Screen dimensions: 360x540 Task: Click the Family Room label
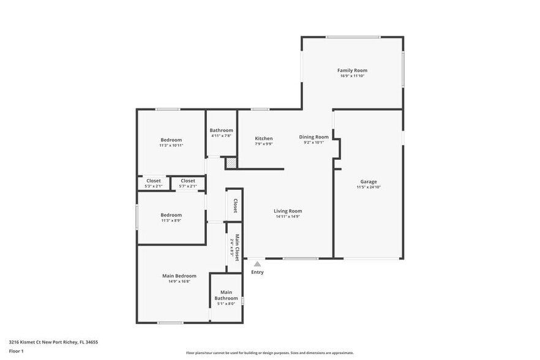click(x=353, y=70)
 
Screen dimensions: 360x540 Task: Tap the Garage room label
click(x=368, y=181)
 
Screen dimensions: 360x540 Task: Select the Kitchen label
click(x=264, y=138)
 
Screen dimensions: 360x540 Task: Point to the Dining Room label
click(x=313, y=137)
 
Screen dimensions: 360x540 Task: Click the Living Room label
click(x=288, y=211)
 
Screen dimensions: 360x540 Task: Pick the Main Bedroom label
click(x=179, y=276)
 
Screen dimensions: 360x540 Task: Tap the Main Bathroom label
click(x=226, y=295)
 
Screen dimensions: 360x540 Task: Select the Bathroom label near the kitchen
click(x=221, y=130)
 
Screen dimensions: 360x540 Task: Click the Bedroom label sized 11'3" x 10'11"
click(x=171, y=140)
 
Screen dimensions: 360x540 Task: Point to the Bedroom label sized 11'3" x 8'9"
click(x=171, y=215)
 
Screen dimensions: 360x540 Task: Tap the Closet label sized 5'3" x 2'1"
click(x=153, y=181)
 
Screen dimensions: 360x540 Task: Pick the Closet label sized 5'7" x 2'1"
click(x=188, y=181)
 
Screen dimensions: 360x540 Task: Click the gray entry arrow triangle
click(x=258, y=264)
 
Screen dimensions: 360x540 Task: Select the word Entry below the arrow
click(x=258, y=272)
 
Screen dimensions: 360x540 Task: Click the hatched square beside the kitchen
click(x=231, y=163)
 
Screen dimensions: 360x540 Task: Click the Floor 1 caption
click(x=17, y=351)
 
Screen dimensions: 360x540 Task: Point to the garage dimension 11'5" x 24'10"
click(x=369, y=187)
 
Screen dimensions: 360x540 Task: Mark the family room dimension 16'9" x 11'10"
click(x=353, y=76)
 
